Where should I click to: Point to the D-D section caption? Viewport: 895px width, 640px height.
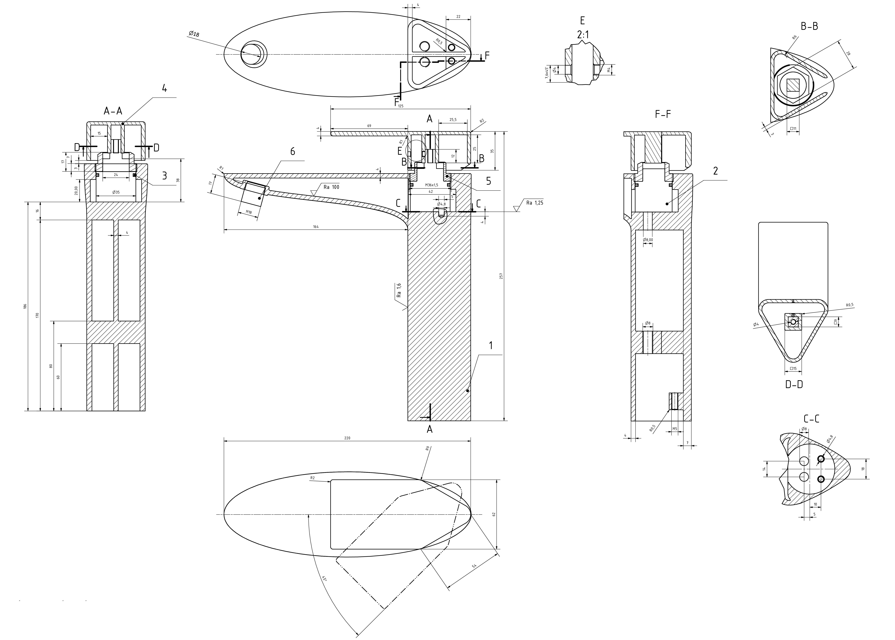[794, 385]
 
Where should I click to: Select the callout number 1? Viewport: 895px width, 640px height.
[491, 346]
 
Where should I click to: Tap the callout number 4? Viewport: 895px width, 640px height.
[164, 89]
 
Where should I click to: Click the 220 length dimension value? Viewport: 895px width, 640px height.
[347, 438]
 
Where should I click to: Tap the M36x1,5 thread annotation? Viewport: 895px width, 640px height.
[432, 185]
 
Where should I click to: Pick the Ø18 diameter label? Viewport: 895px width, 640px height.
[194, 34]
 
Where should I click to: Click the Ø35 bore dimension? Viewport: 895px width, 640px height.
[116, 192]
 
